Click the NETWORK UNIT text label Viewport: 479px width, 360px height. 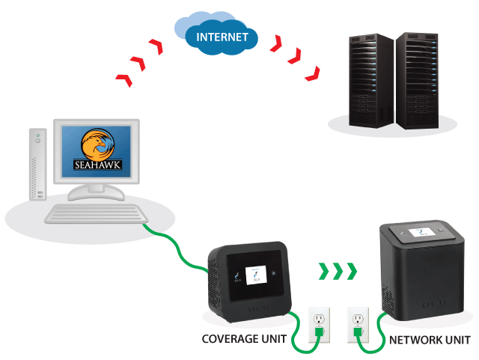coord(430,339)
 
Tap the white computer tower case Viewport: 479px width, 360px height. coord(38,165)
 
